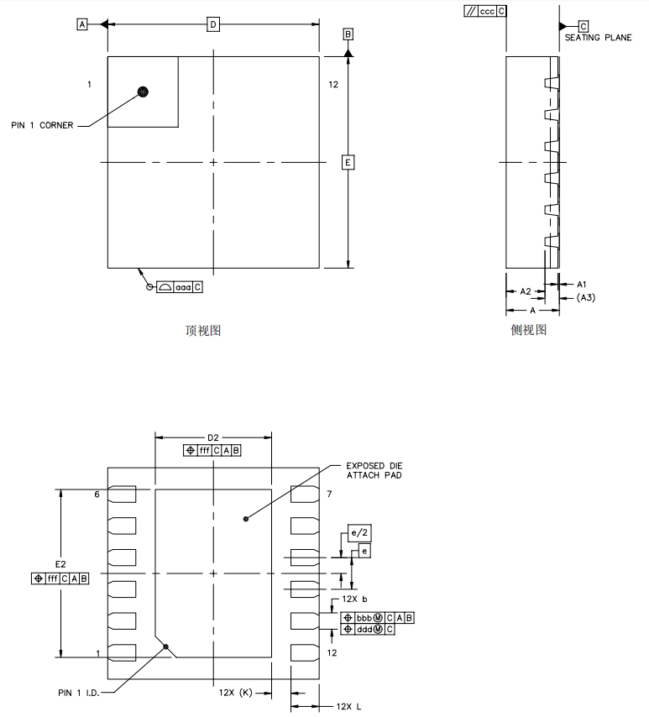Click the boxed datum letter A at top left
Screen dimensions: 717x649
(x=82, y=24)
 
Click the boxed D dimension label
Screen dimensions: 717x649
(x=213, y=24)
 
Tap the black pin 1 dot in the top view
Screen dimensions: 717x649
(x=143, y=91)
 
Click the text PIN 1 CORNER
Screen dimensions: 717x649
(x=42, y=125)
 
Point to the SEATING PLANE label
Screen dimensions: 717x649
(x=598, y=39)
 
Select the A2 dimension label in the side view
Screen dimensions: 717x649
(x=526, y=290)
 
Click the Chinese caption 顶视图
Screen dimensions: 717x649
(x=202, y=331)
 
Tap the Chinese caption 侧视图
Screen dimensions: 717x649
(x=528, y=330)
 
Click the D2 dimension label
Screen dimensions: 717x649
(x=213, y=437)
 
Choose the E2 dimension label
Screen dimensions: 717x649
(x=60, y=563)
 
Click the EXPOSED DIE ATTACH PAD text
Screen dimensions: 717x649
(x=374, y=470)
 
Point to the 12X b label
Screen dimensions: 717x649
(x=355, y=599)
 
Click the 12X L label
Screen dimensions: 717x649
(x=348, y=707)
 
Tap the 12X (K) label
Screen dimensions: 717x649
(x=235, y=693)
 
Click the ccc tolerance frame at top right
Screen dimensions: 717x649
(x=485, y=12)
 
